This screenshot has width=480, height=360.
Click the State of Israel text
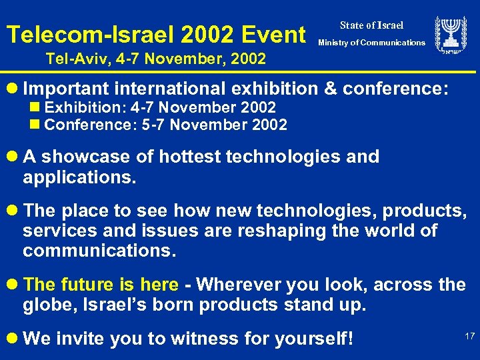coord(371,25)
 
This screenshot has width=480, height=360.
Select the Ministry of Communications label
coord(371,43)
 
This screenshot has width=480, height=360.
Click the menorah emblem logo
coord(451,35)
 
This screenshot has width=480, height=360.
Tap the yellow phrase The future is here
coord(101,285)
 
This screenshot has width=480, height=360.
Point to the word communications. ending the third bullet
coord(99,252)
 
